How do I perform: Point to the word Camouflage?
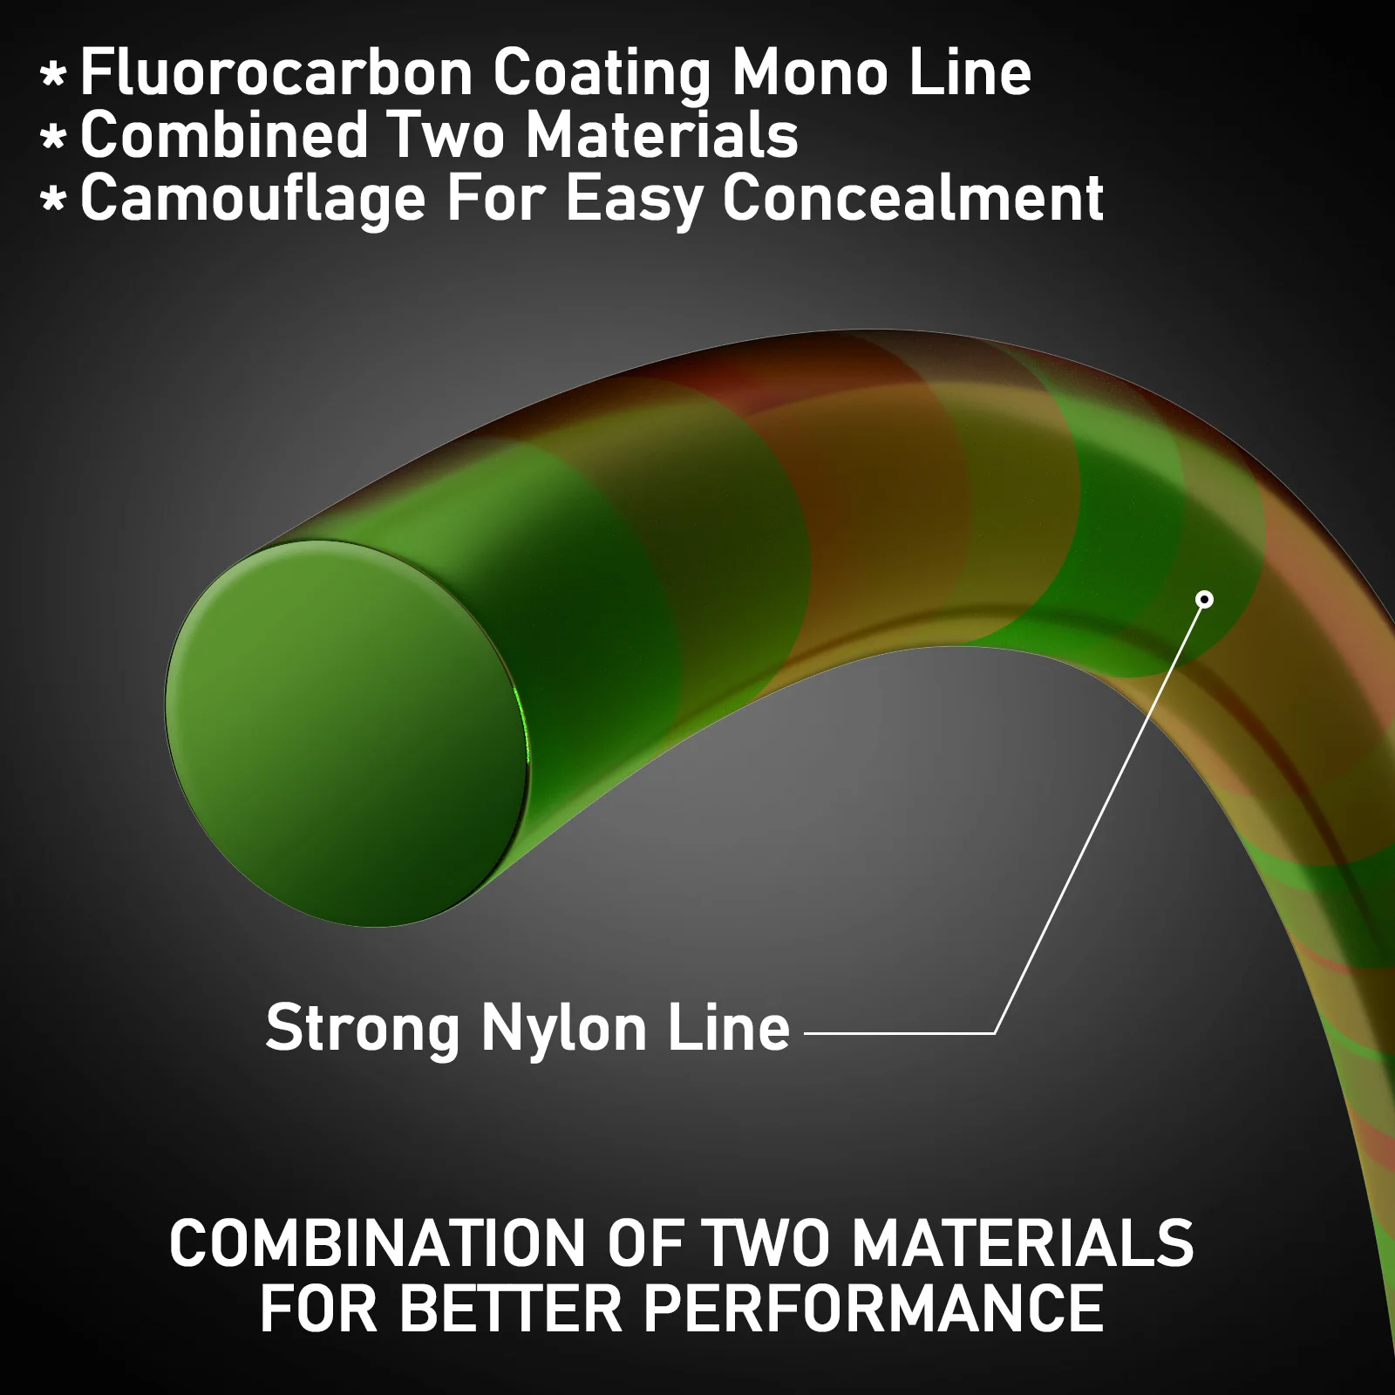coord(253,199)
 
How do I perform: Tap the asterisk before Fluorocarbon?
coord(53,75)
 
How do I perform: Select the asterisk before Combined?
coord(53,138)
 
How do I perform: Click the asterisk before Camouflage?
coord(53,201)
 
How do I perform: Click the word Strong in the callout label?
coord(363,1029)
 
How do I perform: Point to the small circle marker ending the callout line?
coord(1205,599)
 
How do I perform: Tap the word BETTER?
coord(511,1309)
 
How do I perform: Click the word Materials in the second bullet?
coord(662,135)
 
